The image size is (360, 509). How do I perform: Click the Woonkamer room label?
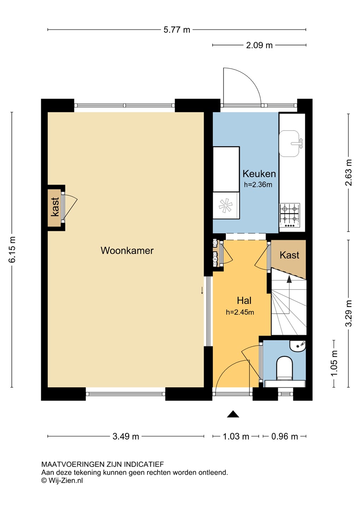tap(127, 251)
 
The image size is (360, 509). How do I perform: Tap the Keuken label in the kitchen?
tap(259, 174)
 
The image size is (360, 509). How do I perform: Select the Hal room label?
tap(244, 300)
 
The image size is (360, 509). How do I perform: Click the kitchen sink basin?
tap(290, 143)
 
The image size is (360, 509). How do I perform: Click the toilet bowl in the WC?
tap(284, 368)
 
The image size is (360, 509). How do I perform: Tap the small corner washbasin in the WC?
tap(298, 345)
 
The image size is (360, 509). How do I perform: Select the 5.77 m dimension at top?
tap(177, 30)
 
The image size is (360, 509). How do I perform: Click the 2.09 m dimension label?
tap(259, 45)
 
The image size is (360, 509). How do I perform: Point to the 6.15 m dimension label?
tap(12, 250)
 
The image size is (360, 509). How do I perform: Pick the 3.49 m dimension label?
tap(126, 437)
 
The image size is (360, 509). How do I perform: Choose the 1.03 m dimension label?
tap(236, 437)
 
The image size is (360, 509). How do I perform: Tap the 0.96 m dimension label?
tap(284, 437)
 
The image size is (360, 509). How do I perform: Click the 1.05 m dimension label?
tap(334, 363)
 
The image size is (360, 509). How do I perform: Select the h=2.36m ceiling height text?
tap(258, 185)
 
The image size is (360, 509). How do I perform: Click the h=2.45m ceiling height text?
tap(240, 312)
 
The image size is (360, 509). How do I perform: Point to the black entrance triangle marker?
tap(233, 414)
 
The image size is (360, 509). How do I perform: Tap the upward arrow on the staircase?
tap(289, 279)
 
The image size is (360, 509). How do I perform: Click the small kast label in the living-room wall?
tap(55, 207)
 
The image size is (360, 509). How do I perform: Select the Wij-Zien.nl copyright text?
tap(62, 480)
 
